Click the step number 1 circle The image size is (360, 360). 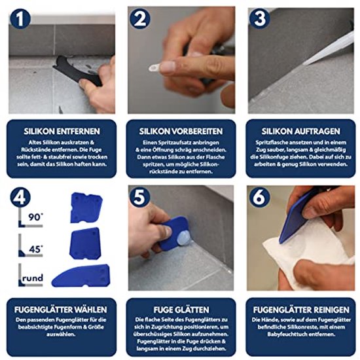20,19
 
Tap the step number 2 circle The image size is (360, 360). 140,19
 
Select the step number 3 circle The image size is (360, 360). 260,18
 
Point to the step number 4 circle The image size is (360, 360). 20,198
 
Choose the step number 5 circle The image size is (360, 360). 139,198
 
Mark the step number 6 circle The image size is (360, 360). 259,198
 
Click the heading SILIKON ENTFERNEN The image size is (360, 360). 62,132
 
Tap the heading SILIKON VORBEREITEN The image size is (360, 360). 181,132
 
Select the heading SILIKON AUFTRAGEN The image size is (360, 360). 301,132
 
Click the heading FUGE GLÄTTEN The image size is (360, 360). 181,310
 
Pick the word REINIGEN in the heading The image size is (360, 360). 331,310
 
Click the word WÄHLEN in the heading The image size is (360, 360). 92,310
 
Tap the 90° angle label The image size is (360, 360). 35,217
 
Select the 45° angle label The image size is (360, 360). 36,249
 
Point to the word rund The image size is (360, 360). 33,278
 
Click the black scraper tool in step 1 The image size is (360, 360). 77,71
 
